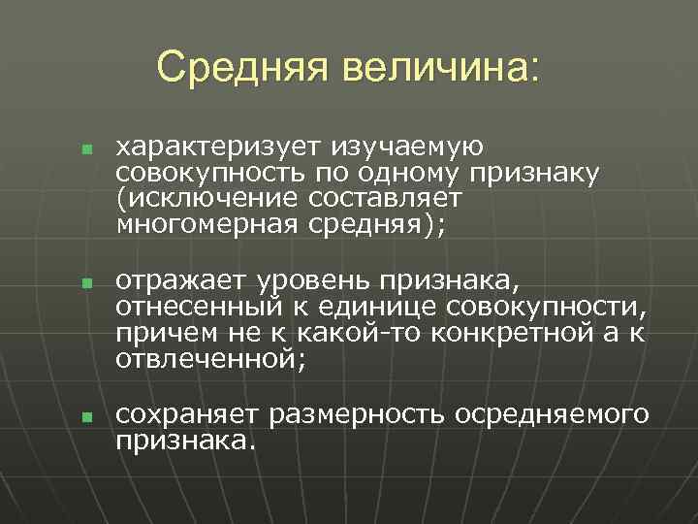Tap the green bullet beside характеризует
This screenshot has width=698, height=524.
pos(85,151)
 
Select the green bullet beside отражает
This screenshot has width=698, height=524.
pos(85,285)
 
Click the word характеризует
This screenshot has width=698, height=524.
pos(219,147)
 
